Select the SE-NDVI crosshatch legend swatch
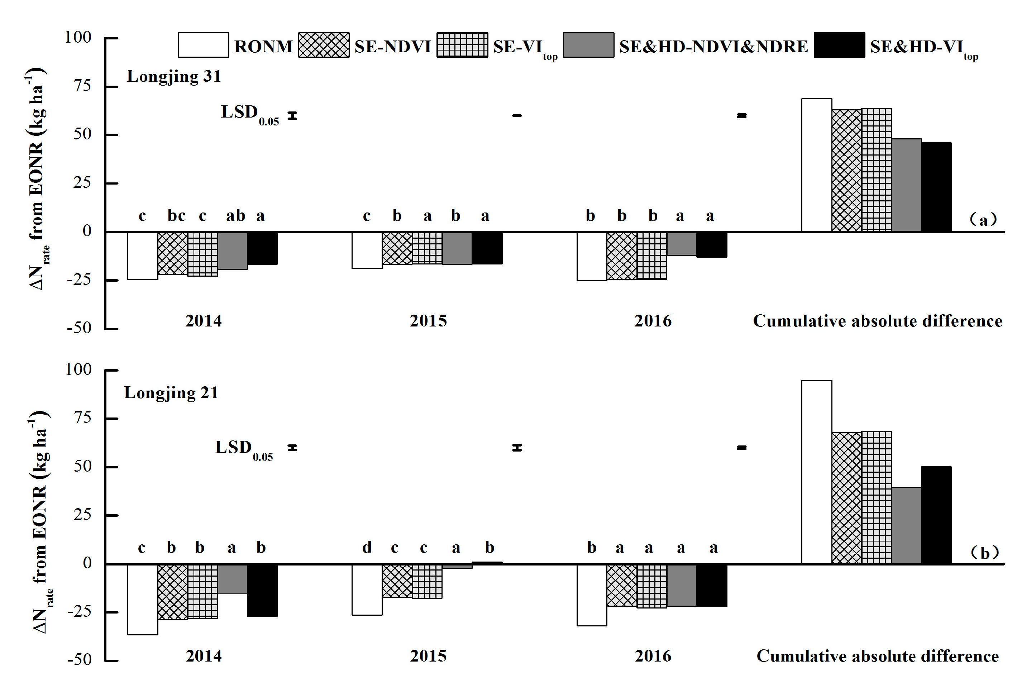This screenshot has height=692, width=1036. (x=324, y=45)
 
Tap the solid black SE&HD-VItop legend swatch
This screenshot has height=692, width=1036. (x=839, y=45)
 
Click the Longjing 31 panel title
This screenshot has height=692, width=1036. (x=174, y=76)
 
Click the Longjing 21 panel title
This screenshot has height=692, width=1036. (x=171, y=392)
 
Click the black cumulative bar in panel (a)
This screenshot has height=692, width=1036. (x=936, y=187)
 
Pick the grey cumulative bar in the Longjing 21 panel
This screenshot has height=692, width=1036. (x=906, y=525)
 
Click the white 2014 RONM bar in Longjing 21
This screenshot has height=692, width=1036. (x=143, y=599)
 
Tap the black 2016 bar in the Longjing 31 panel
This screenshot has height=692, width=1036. (x=712, y=244)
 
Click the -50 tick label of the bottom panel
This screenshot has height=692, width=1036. (x=80, y=660)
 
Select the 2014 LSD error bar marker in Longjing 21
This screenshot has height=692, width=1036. (x=292, y=448)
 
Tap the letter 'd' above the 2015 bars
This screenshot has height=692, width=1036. (x=367, y=548)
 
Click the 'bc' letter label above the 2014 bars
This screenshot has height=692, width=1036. (x=177, y=216)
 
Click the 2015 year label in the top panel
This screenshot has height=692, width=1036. (x=428, y=321)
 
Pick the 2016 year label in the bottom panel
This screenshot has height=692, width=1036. (x=653, y=656)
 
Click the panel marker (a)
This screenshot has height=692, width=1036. (x=983, y=219)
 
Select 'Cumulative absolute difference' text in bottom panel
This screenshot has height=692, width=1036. (x=878, y=656)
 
